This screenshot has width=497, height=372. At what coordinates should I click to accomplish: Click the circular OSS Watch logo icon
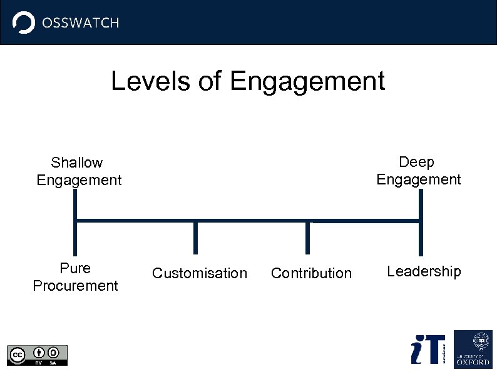tap(24, 23)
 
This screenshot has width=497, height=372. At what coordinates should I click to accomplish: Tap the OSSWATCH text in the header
tap(80, 23)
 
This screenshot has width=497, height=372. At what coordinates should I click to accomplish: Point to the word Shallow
tap(77, 163)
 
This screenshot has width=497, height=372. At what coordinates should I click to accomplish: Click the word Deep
tap(416, 162)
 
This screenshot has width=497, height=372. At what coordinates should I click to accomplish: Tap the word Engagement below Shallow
tap(79, 180)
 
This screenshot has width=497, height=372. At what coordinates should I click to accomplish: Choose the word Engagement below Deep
tap(418, 179)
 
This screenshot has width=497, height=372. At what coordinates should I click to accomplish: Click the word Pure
tap(75, 268)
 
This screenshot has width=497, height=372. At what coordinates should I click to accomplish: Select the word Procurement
tap(75, 286)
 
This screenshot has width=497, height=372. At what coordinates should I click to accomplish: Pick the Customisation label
tap(200, 273)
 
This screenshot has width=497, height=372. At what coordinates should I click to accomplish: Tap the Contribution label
tap(311, 273)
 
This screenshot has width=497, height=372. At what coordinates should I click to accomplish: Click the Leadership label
tap(424, 271)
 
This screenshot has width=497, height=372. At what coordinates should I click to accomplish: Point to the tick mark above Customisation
tap(195, 238)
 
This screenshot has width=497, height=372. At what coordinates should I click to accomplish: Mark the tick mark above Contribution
tap(307, 238)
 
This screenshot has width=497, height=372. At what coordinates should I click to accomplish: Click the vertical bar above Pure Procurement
tap(75, 222)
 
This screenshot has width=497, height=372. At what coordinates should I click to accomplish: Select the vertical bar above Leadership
tap(421, 222)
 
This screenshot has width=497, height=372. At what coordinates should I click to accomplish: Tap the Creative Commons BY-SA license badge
tap(37, 354)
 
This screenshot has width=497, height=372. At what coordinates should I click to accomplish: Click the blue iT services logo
tap(428, 349)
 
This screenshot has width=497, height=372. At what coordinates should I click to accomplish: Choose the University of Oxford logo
tap(473, 349)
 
